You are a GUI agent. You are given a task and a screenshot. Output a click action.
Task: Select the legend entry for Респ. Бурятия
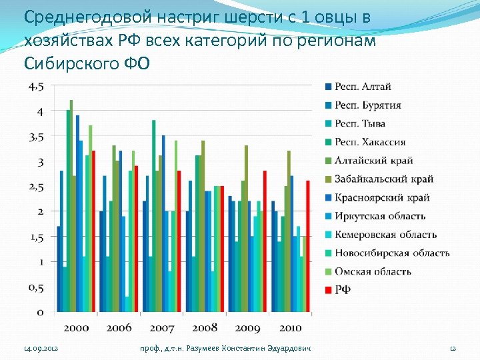[367, 105]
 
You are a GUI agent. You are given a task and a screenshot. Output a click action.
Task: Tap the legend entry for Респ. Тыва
[359, 123]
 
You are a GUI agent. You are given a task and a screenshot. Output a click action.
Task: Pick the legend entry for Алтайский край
[373, 161]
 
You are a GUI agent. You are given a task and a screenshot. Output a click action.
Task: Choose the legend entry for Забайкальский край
[383, 179]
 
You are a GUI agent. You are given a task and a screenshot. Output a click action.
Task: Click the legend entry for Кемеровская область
[385, 235]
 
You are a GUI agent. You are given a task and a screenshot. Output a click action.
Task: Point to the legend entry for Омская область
[373, 271]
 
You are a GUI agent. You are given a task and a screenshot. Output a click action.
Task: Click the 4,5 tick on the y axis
[36, 87]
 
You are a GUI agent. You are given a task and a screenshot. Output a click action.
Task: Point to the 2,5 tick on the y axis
[36, 187]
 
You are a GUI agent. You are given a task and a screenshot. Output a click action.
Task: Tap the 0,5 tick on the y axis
[36, 287]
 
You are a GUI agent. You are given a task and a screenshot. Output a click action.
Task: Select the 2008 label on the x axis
[205, 327]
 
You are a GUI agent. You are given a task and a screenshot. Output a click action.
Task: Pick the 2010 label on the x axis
[290, 327]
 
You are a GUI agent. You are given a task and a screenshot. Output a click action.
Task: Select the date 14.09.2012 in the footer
[41, 349]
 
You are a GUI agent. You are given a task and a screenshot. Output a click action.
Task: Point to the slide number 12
[452, 349]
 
